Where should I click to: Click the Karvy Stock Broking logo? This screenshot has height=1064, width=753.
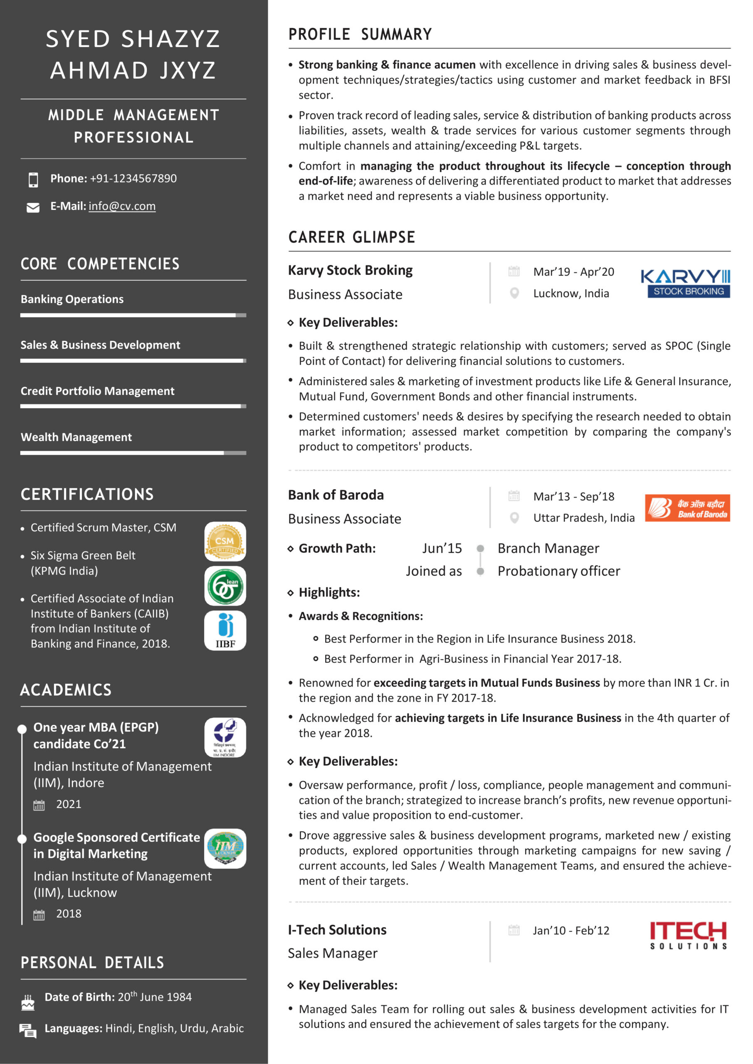[x=685, y=283]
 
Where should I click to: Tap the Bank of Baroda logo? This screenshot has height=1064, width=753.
[x=687, y=508]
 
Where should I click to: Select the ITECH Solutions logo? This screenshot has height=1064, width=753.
[x=688, y=935]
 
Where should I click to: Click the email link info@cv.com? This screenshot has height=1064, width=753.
[x=122, y=206]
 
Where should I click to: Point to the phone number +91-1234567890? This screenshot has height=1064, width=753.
[x=133, y=178]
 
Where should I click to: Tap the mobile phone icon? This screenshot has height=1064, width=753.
[x=33, y=179]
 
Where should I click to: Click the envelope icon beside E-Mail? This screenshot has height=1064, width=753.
[x=33, y=208]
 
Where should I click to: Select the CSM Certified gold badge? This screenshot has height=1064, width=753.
[x=225, y=541]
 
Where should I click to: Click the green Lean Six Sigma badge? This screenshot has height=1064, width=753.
[x=225, y=586]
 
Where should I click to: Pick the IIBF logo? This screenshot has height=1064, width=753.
[x=225, y=630]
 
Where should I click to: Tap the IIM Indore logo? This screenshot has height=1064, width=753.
[x=225, y=737]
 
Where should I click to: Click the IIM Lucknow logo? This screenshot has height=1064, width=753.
[x=225, y=848]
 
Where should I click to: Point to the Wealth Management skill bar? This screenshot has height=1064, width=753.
[x=133, y=453]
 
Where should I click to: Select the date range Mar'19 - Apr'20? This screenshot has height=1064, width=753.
[x=573, y=272]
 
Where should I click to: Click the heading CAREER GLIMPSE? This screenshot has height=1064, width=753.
[x=351, y=237]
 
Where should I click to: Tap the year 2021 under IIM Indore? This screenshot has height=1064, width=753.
[x=69, y=804]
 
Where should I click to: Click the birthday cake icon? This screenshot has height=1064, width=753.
[x=28, y=1002]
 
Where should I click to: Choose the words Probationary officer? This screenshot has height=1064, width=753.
[x=558, y=571]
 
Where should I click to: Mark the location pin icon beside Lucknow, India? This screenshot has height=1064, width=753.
[x=514, y=293]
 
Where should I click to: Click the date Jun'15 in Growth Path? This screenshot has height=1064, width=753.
[x=442, y=549]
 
